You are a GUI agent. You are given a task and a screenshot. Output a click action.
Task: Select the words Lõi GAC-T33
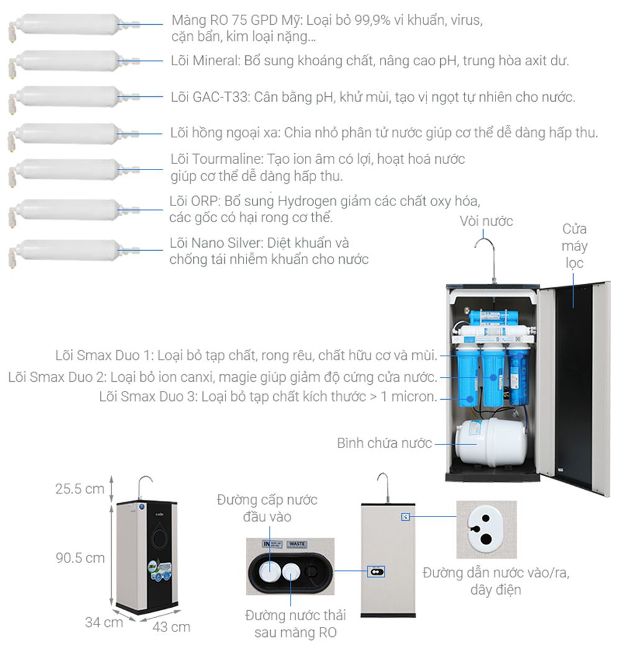coord(209,97)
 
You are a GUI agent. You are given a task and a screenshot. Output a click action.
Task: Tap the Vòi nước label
coord(486,221)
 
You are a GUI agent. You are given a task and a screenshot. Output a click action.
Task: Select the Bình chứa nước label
coord(383,443)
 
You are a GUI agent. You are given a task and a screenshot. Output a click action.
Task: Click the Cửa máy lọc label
coord(574,246)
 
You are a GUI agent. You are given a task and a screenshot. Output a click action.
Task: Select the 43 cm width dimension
coord(171,626)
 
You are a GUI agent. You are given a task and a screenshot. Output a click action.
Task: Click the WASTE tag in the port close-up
coord(297,545)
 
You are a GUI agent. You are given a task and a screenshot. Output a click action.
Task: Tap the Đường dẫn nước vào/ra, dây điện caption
coord(495,580)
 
